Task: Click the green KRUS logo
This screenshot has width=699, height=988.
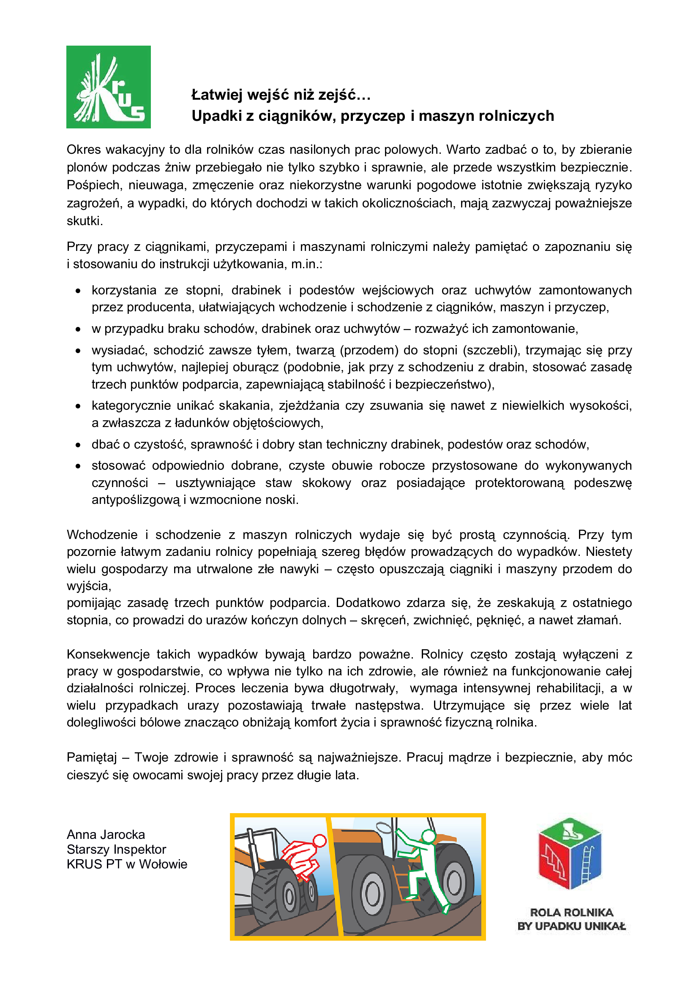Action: tap(109, 87)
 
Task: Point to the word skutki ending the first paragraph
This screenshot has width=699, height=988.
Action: tap(84, 221)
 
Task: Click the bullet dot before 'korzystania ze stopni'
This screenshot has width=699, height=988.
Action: tap(78, 291)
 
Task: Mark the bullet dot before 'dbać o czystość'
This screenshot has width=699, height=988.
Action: tap(78, 445)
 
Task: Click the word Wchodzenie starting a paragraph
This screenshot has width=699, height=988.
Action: tap(102, 534)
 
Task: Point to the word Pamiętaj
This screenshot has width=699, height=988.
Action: tap(91, 757)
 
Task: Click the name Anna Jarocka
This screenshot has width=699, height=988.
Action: tap(106, 834)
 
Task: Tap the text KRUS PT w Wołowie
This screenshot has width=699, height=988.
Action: tap(127, 864)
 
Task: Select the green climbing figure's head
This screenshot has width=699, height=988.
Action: tap(428, 836)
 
